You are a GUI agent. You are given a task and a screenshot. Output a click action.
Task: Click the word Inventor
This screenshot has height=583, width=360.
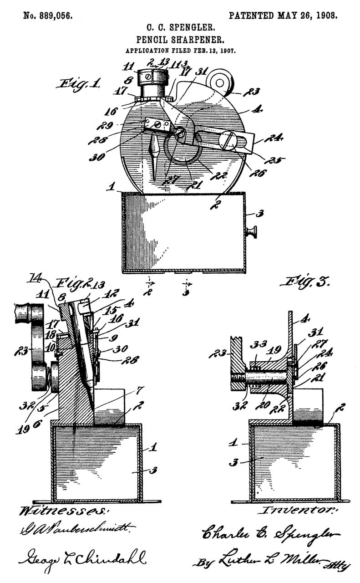(x=299, y=510)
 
